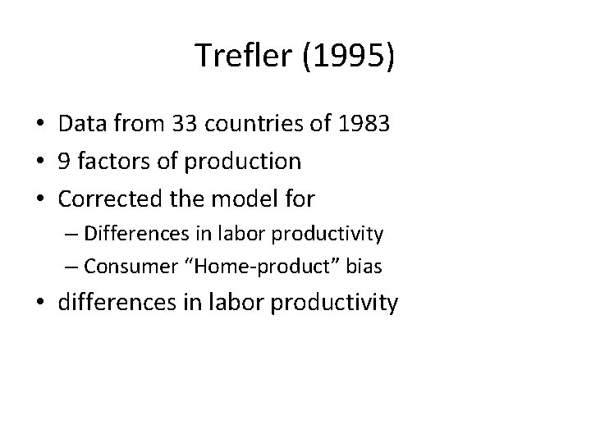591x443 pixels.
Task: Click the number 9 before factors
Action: (66, 161)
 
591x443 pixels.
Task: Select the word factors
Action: (113, 161)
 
